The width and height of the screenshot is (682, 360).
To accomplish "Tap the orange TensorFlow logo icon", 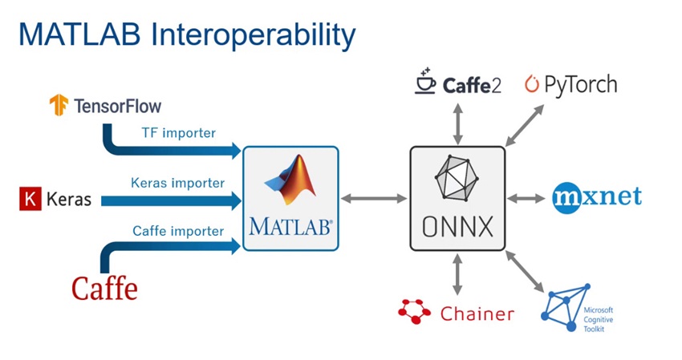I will coord(59,104).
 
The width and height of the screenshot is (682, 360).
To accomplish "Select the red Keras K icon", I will coord(30,199).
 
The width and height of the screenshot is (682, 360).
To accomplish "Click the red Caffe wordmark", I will coord(104,287).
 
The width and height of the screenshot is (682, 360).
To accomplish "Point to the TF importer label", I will coord(177,132).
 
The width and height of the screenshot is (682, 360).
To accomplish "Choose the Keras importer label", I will coord(177,182).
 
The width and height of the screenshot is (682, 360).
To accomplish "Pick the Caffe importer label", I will coord(177,231).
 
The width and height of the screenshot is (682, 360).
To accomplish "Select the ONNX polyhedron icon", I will coord(457,176).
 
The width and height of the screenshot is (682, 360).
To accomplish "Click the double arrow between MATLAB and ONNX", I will coord(374,197).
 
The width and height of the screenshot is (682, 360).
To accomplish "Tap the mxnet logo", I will coord(597,196).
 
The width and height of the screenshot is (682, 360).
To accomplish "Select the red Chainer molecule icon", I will coord(416,311).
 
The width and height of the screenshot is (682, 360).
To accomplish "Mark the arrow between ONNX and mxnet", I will coord(527,197).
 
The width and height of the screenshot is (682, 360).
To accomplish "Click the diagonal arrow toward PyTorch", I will coord(525,125).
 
